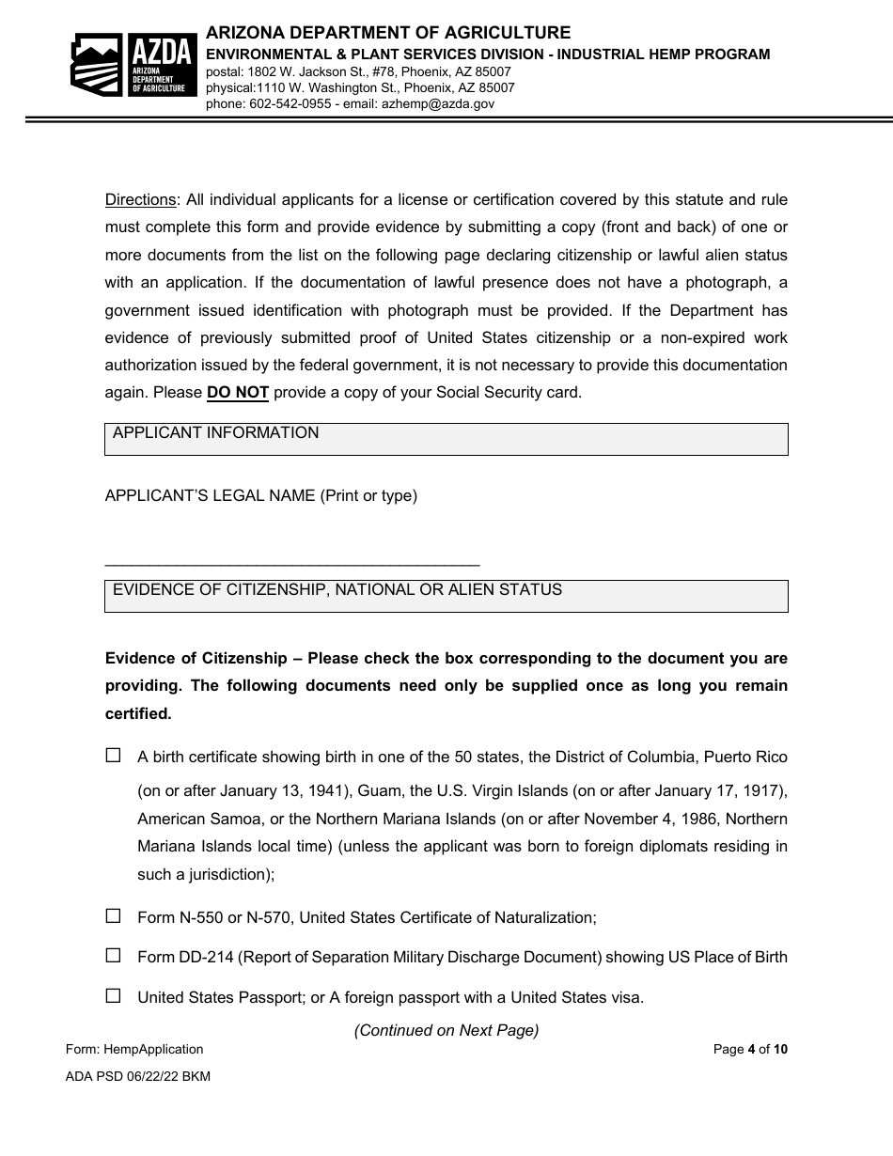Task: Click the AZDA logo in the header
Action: point(133,64)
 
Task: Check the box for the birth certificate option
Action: point(114,755)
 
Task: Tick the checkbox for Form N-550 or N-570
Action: point(114,915)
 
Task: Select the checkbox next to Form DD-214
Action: point(114,956)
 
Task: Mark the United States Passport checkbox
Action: point(114,996)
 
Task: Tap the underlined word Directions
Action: point(140,199)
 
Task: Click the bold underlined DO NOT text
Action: point(238,393)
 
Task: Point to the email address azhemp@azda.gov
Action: point(437,104)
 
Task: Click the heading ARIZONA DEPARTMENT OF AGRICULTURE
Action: point(388,34)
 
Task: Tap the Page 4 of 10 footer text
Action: point(750,1049)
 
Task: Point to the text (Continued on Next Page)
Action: point(446,1030)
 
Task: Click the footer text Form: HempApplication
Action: point(134,1049)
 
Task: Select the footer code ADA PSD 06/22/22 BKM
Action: point(138,1076)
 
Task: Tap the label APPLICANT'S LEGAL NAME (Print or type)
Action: point(260,495)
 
